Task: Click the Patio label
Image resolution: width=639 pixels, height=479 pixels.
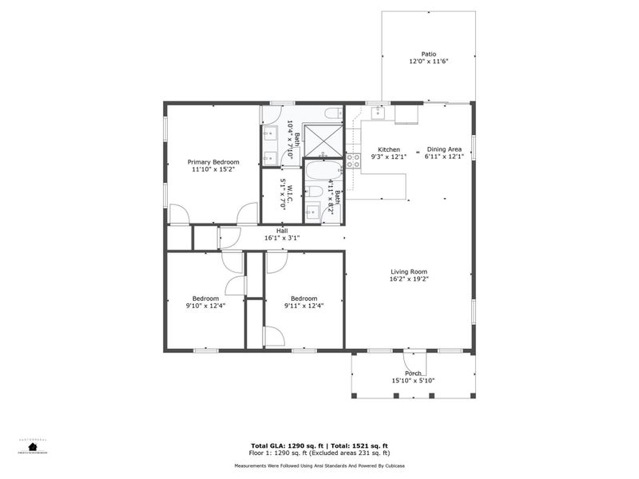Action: tap(429, 54)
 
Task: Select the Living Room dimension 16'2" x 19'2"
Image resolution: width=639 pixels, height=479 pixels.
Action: tap(409, 279)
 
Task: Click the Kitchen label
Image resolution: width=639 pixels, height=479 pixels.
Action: tap(389, 149)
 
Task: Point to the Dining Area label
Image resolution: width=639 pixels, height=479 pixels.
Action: tap(444, 149)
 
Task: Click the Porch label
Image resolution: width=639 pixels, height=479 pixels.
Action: tap(413, 373)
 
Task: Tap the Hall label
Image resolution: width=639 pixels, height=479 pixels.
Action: tap(282, 230)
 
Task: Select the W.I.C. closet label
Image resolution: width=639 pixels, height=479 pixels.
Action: tap(291, 190)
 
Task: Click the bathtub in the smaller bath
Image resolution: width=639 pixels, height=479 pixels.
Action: tap(323, 172)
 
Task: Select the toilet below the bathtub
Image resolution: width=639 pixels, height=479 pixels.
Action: tap(315, 192)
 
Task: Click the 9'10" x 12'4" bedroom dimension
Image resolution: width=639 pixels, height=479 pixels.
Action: tap(204, 305)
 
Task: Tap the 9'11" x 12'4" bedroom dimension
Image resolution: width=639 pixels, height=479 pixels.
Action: tap(304, 305)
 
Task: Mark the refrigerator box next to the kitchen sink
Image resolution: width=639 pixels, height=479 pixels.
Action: tap(406, 115)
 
